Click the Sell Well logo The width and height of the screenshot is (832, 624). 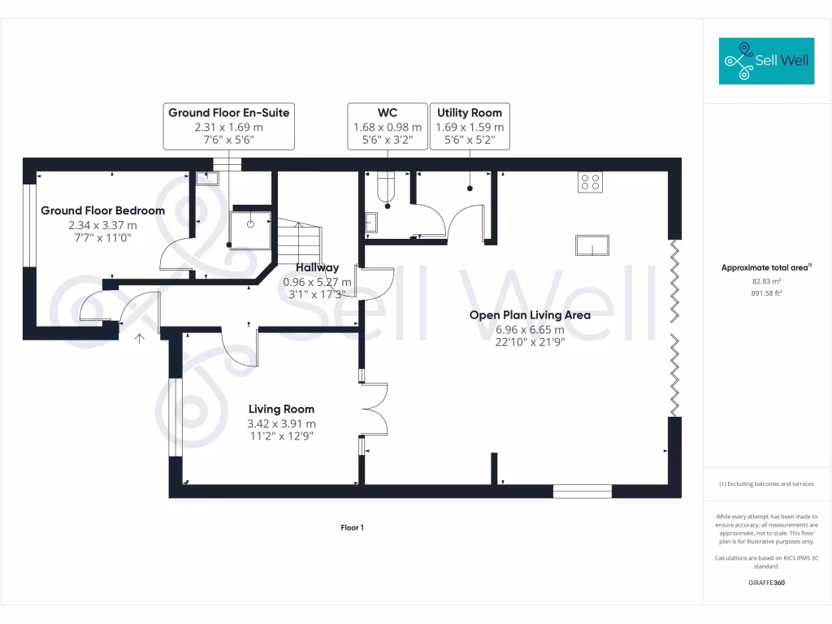(x=766, y=61)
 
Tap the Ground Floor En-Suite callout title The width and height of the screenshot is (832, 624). (x=228, y=113)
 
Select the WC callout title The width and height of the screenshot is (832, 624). (x=387, y=113)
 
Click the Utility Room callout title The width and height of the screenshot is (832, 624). (x=470, y=113)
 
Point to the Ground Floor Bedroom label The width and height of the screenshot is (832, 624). (x=102, y=210)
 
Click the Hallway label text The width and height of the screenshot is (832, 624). (x=317, y=267)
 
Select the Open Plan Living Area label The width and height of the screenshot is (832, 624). (x=530, y=315)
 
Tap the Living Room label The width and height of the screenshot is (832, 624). (x=281, y=409)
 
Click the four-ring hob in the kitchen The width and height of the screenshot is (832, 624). (x=590, y=182)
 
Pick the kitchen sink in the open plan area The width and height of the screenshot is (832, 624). (x=591, y=245)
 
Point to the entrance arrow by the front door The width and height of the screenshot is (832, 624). (x=140, y=337)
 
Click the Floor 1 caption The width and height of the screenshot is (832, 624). (x=352, y=528)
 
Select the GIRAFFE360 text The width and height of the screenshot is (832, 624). (x=766, y=583)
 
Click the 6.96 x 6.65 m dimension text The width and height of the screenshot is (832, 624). (x=530, y=330)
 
